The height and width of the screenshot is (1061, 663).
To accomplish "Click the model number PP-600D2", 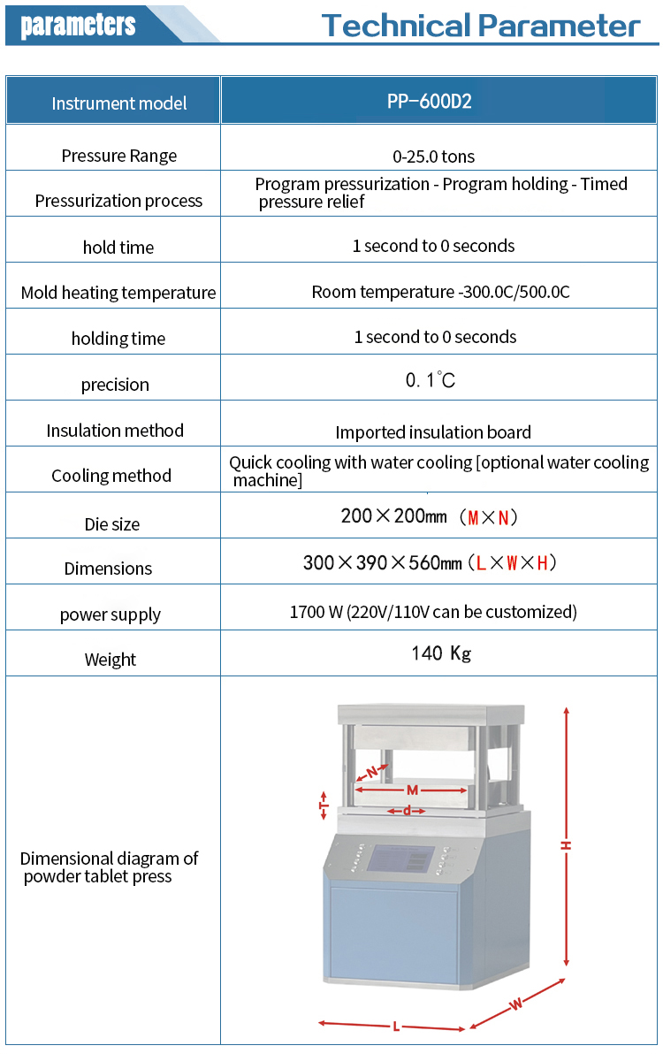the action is (x=429, y=102).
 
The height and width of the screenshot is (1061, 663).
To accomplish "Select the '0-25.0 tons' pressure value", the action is (x=433, y=156).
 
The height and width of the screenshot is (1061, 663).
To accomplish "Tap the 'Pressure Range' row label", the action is (x=118, y=156).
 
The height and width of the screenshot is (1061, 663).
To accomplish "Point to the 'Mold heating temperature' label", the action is (x=118, y=293).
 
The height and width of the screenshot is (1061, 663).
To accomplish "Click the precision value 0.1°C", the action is (x=430, y=379).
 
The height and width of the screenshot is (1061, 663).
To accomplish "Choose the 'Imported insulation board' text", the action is (x=433, y=432).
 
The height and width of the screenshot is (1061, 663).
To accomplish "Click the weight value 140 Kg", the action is (x=441, y=653).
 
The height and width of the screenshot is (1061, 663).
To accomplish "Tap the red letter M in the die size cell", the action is (x=473, y=518).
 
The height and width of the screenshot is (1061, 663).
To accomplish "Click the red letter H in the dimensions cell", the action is (x=542, y=563).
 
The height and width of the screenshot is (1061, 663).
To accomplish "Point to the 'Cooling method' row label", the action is (x=111, y=476).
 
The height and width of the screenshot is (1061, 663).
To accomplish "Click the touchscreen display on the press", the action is (x=400, y=859).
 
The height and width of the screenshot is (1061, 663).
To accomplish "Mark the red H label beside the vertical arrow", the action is (x=566, y=845).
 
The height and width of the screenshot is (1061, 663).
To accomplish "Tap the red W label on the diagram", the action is (x=515, y=1004).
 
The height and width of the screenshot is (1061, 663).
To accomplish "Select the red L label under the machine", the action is (x=396, y=1027).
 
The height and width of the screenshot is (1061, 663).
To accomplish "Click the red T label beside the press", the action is (x=324, y=805).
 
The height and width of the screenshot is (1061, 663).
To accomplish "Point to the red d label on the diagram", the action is (x=407, y=811).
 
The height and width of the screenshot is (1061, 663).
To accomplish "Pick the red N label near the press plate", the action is (x=372, y=772).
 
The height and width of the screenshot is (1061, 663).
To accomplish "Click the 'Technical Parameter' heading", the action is (x=481, y=25).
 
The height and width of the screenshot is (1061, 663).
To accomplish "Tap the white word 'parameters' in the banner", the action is (x=78, y=25).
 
